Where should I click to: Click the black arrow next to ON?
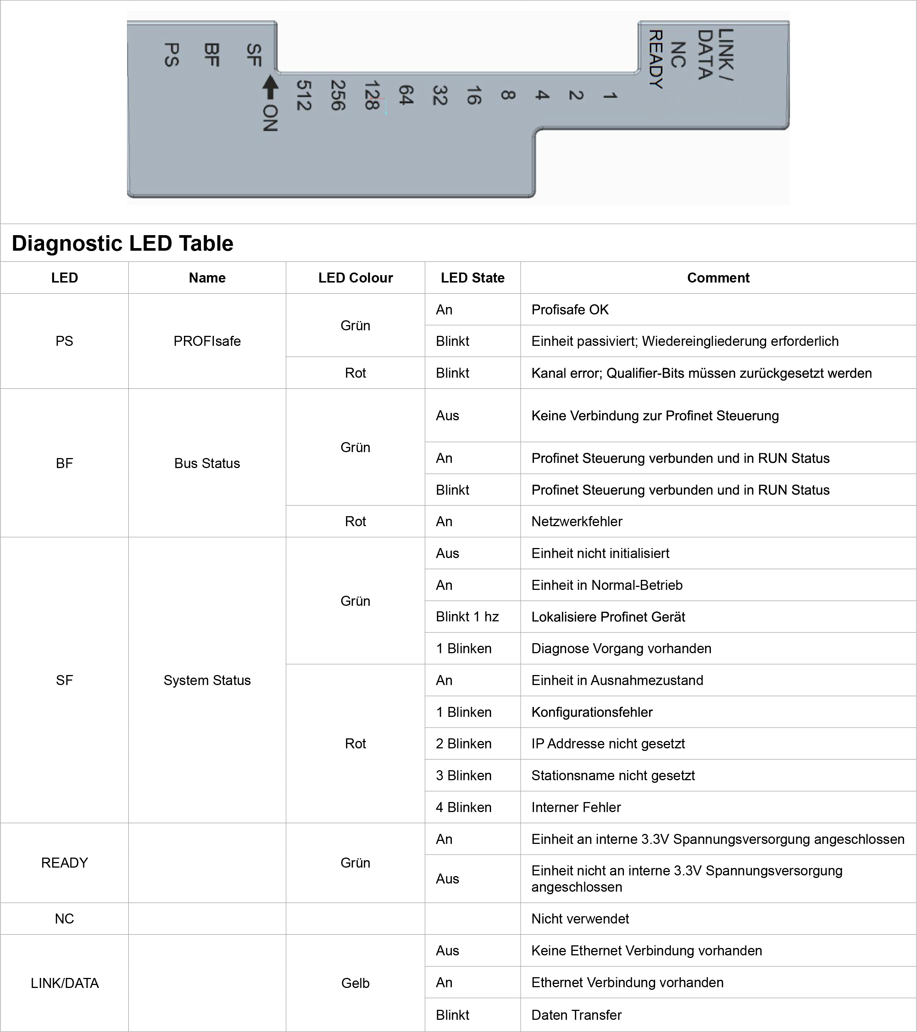[x=270, y=87]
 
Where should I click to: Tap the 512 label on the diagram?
[x=303, y=96]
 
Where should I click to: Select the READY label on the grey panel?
[x=656, y=59]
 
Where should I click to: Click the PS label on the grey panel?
[x=172, y=54]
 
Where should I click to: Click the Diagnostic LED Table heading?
[x=122, y=243]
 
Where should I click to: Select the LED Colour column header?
[x=355, y=278]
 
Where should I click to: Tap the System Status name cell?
[x=207, y=680]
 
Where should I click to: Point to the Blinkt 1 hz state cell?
[x=467, y=617]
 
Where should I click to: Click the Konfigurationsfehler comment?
[x=592, y=712]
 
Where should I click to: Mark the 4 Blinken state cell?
[x=463, y=807]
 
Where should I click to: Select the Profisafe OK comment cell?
[x=570, y=310]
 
